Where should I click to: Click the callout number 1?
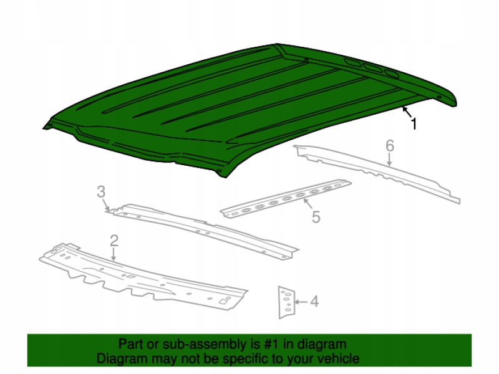coord(414,123)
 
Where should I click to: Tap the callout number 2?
coord(114,241)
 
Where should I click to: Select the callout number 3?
coord(101,192)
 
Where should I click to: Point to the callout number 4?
coord(314,301)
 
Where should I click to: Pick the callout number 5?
coord(316,217)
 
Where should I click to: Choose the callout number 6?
coord(390,146)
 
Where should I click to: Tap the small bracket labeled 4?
coord(287,302)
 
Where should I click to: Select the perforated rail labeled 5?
coord(286,199)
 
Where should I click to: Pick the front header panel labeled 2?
coord(143,277)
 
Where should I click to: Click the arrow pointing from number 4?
coord(301,302)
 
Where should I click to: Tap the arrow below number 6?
coord(389,160)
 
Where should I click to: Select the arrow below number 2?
coord(114,254)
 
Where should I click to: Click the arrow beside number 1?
coord(407,112)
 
